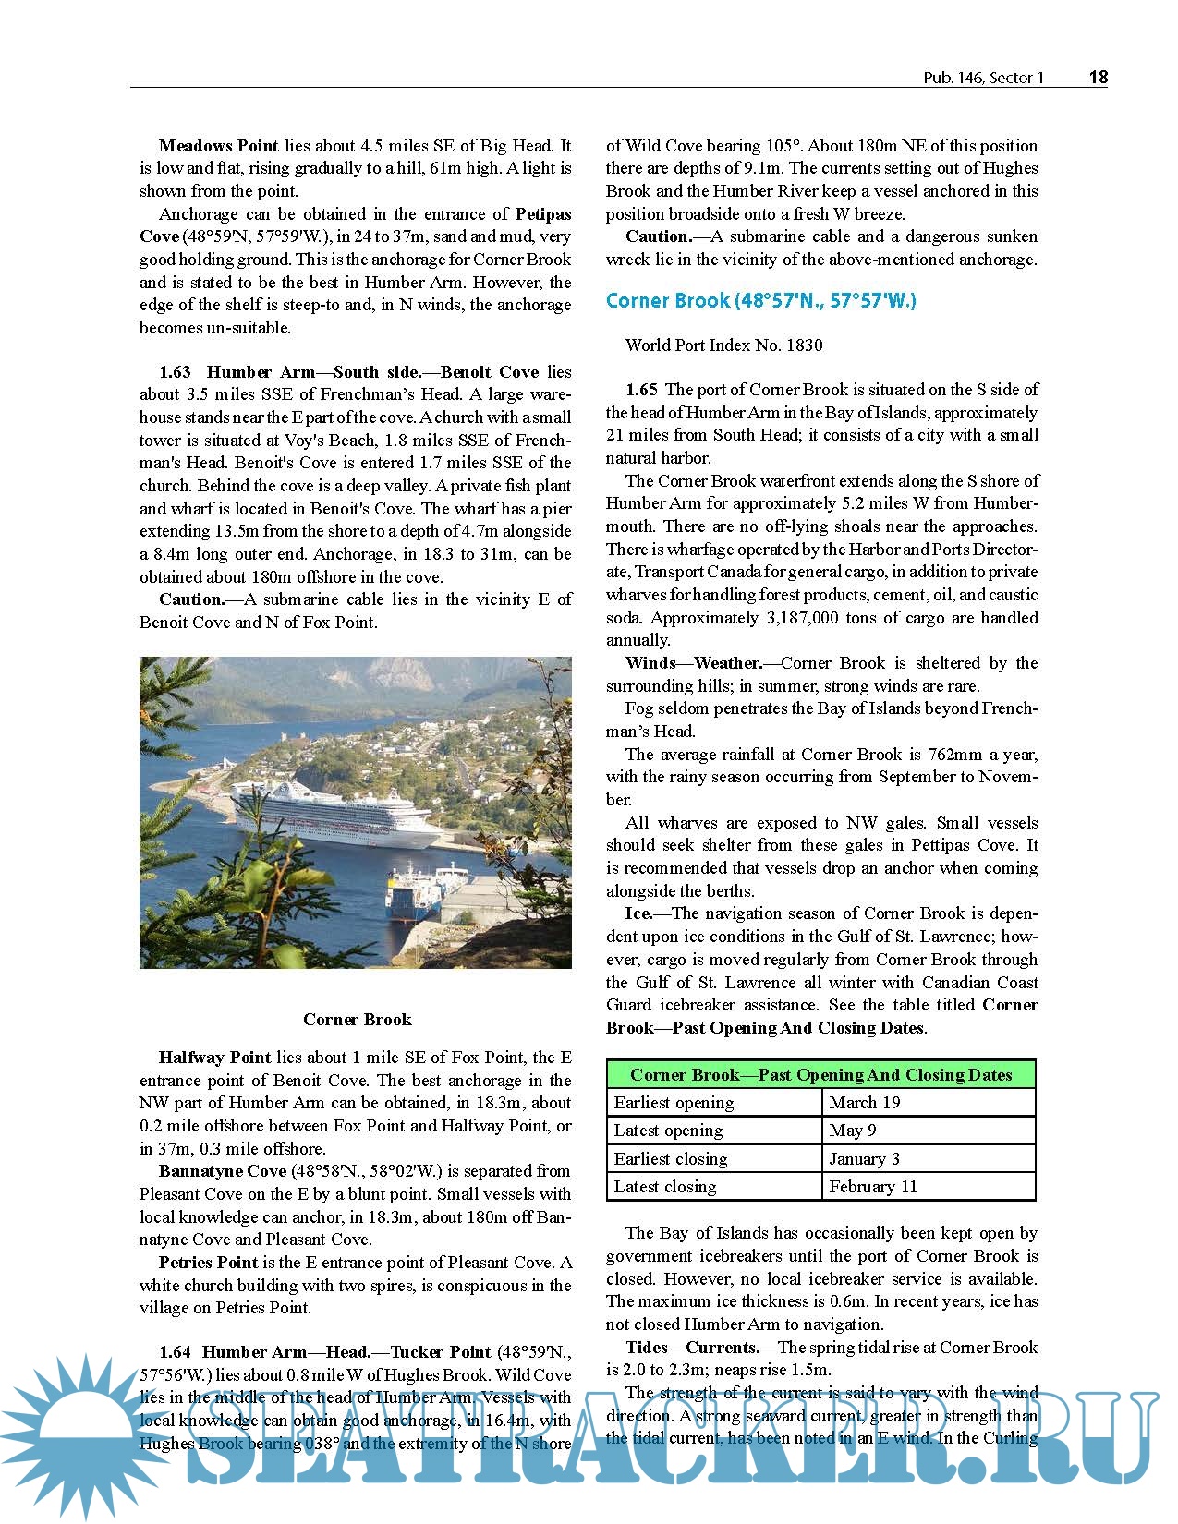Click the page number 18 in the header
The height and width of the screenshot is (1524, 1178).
(1098, 78)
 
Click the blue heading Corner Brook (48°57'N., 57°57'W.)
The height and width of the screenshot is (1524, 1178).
(760, 301)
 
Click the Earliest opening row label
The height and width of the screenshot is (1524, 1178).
(674, 1103)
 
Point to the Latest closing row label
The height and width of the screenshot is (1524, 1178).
(665, 1187)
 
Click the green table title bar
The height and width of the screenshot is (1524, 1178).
(820, 1075)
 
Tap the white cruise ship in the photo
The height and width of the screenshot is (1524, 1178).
(333, 814)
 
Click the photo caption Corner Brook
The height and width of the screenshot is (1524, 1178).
(357, 1020)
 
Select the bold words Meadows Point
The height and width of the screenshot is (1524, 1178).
(218, 146)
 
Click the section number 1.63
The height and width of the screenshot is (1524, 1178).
(175, 372)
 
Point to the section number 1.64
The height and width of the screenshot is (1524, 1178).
(175, 1353)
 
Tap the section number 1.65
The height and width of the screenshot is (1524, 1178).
(641, 390)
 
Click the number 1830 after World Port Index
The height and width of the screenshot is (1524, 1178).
(804, 345)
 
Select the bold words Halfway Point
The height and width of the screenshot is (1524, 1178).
(214, 1058)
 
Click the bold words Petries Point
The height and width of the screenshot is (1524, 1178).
(208, 1263)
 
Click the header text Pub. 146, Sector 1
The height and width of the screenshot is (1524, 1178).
(983, 79)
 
